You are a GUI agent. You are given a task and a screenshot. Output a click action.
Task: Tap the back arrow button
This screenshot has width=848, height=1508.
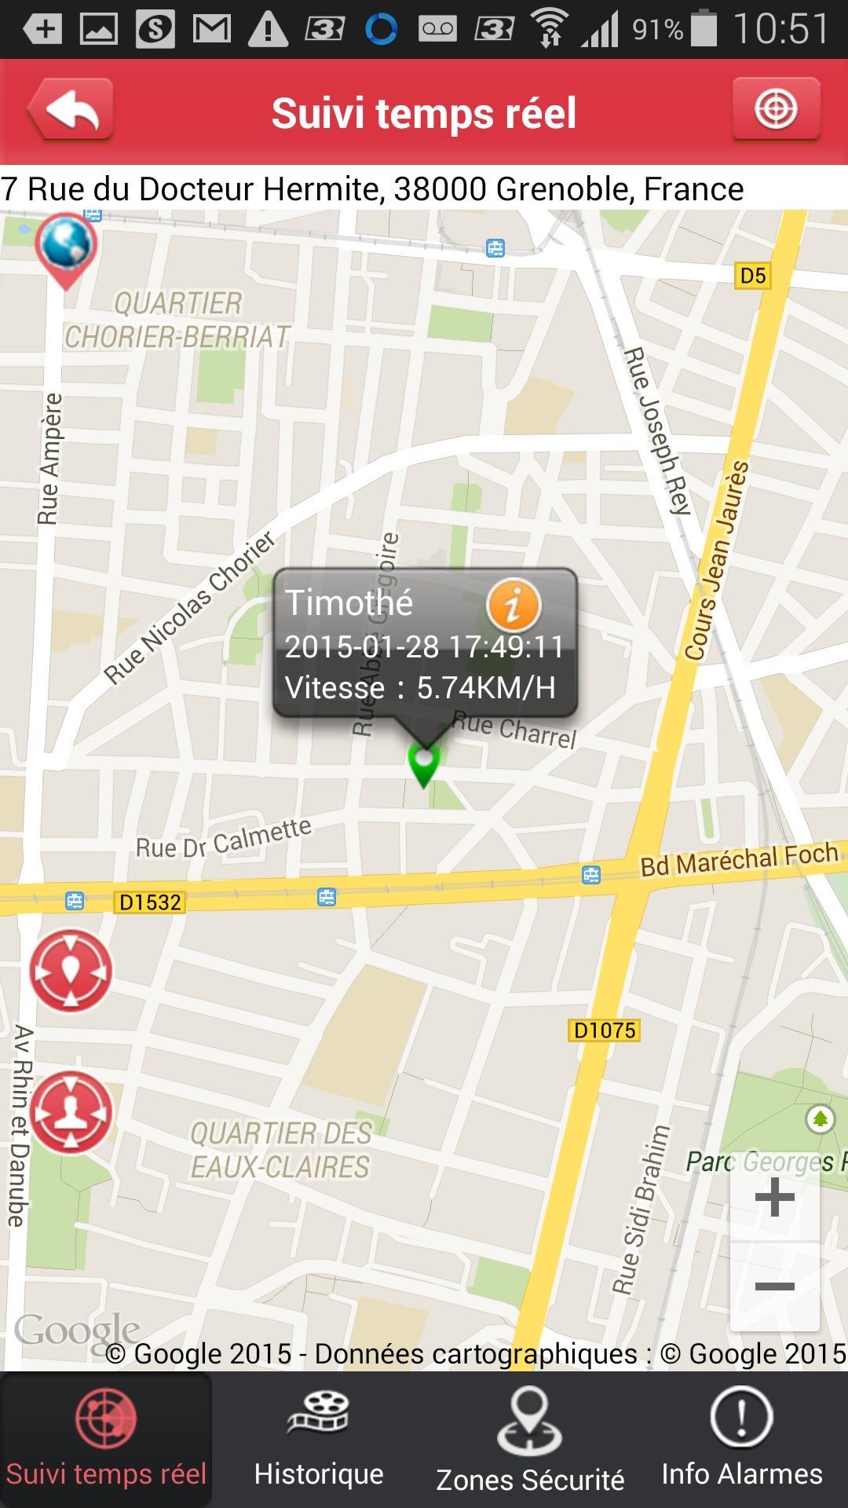pyautogui.click(x=71, y=110)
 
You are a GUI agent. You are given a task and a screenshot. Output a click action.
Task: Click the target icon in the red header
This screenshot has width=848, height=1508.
pyautogui.click(x=776, y=109)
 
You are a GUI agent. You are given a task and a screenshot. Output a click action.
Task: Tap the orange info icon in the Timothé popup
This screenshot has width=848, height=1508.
pyautogui.click(x=514, y=605)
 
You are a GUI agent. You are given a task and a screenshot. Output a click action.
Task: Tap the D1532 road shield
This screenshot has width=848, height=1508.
pyautogui.click(x=149, y=902)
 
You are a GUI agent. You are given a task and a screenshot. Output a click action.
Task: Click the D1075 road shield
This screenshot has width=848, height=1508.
pyautogui.click(x=604, y=1030)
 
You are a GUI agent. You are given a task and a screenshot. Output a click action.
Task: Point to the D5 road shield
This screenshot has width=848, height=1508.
pyautogui.click(x=752, y=276)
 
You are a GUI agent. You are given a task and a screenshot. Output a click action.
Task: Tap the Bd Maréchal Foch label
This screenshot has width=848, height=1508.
pyautogui.click(x=739, y=859)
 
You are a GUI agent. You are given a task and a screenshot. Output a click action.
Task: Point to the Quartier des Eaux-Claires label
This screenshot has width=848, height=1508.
pyautogui.click(x=280, y=1151)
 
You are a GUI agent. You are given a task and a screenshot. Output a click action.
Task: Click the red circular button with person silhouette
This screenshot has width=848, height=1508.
pyautogui.click(x=71, y=1113)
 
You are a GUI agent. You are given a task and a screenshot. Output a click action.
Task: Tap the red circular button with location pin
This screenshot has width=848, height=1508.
pyautogui.click(x=71, y=972)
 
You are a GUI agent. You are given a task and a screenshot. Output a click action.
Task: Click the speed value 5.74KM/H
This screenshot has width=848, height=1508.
pyautogui.click(x=486, y=688)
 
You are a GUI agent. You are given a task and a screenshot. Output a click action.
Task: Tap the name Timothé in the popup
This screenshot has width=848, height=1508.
pyautogui.click(x=349, y=603)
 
